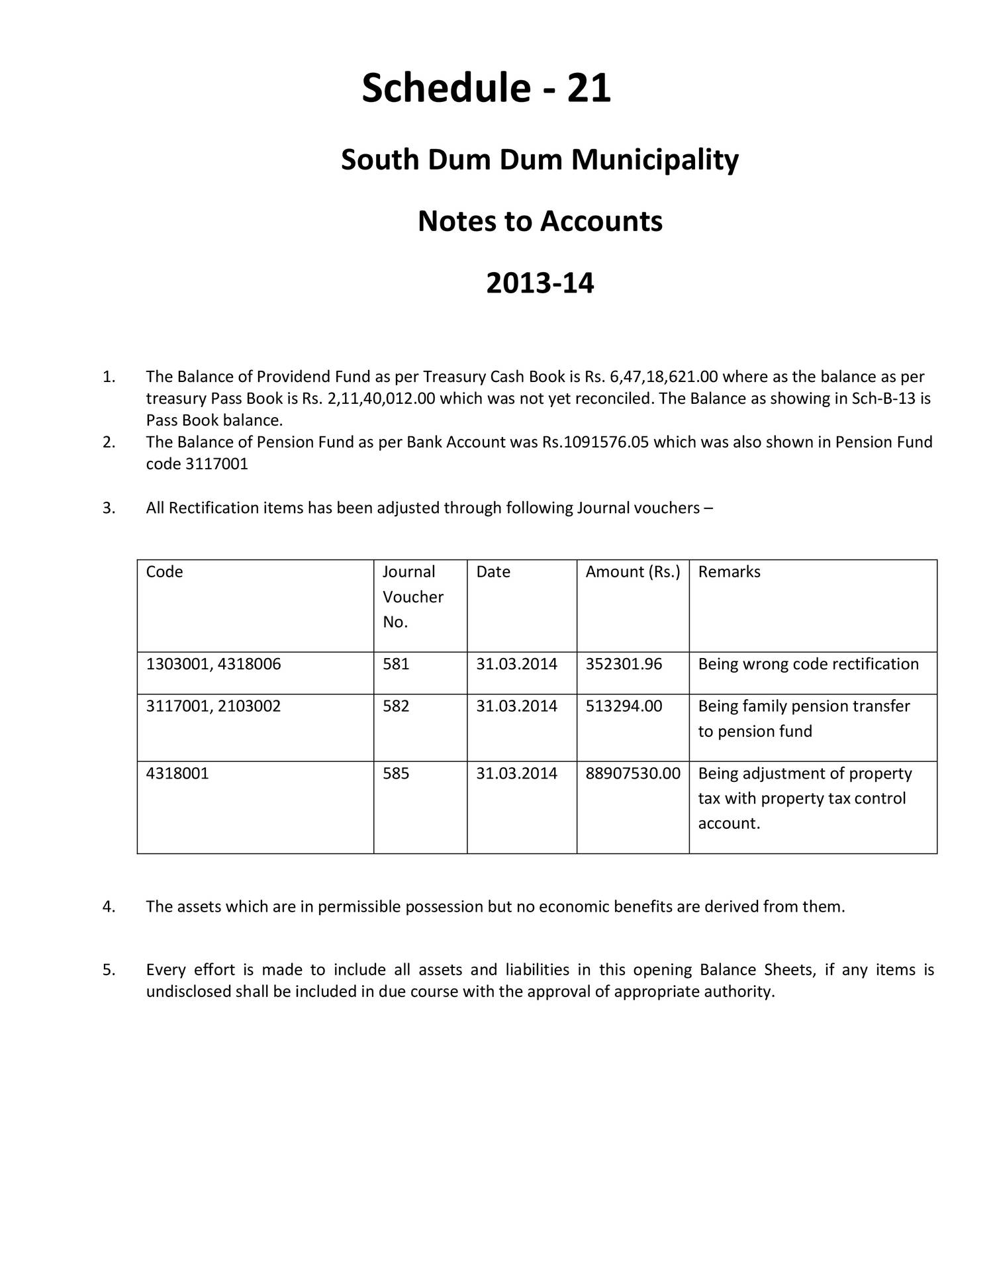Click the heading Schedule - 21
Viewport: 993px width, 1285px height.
(x=486, y=88)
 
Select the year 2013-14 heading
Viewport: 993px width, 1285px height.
(x=540, y=283)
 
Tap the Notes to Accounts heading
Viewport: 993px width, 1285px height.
(x=540, y=221)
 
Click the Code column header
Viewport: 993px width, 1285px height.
(x=164, y=571)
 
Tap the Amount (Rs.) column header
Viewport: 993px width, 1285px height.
(x=632, y=571)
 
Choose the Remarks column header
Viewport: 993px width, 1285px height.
(x=729, y=571)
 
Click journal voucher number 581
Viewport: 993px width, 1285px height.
(x=396, y=664)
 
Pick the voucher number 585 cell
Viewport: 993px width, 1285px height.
(x=396, y=773)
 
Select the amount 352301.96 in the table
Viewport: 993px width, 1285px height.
(x=624, y=664)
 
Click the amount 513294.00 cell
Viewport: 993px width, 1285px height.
(x=624, y=706)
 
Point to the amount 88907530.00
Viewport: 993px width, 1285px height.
(x=632, y=773)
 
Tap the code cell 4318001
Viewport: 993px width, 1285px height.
(x=177, y=773)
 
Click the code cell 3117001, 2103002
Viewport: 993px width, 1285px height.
(x=213, y=706)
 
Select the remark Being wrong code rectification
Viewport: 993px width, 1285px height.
(x=808, y=664)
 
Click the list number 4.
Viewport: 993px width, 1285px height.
(x=109, y=906)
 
